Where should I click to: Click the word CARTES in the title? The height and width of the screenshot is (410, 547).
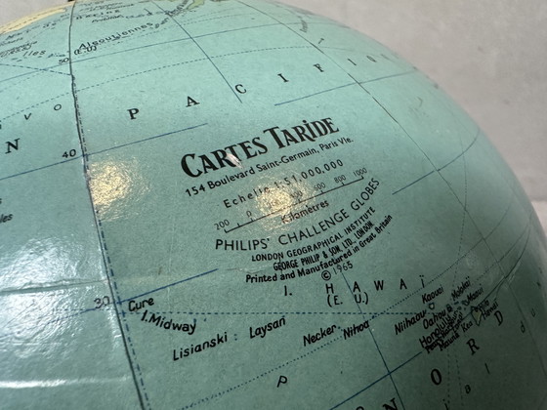218,157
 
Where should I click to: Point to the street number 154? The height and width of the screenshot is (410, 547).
192,188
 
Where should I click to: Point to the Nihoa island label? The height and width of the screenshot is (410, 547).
356,329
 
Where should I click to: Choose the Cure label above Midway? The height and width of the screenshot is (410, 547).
141,304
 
